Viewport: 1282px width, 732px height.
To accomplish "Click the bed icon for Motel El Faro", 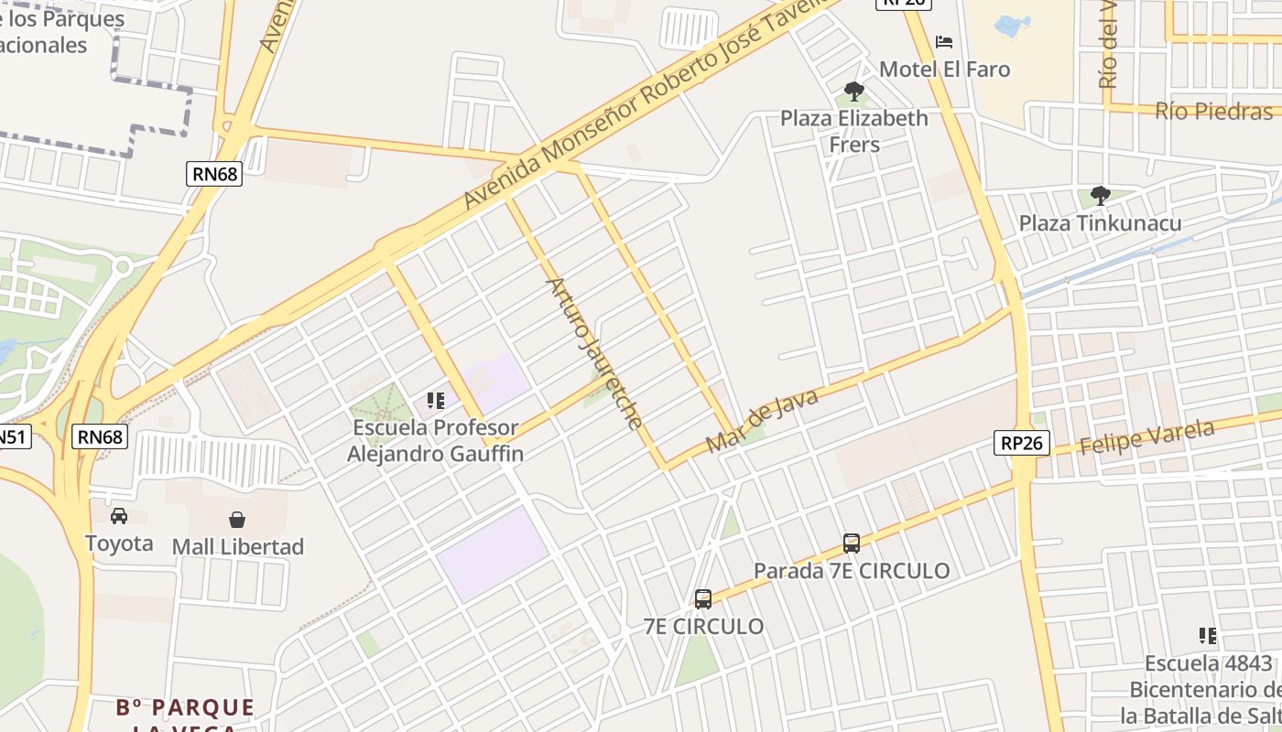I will pyautogui.click(x=944, y=42).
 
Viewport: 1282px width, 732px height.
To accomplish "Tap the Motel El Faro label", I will pyautogui.click(x=944, y=70).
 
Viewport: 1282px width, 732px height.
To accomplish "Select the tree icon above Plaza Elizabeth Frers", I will pyautogui.click(x=854, y=91).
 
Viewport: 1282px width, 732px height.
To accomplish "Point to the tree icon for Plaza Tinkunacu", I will pyautogui.click(x=1100, y=195).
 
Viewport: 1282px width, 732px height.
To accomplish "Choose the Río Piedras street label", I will pyautogui.click(x=1213, y=112).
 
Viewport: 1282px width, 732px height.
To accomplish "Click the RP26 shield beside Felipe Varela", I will pyautogui.click(x=1021, y=443).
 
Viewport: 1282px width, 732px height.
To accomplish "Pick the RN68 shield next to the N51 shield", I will pyautogui.click(x=100, y=437).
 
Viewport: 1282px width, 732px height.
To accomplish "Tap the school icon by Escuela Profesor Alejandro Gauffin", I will pyautogui.click(x=435, y=401).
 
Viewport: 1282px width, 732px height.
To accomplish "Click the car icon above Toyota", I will pyautogui.click(x=119, y=516).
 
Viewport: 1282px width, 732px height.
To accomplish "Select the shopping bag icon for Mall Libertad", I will pyautogui.click(x=237, y=520).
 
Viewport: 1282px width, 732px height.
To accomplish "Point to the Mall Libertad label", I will pyautogui.click(x=237, y=547).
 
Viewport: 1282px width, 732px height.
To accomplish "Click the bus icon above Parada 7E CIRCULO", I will pyautogui.click(x=851, y=544).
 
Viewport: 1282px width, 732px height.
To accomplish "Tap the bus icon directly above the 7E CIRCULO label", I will pyautogui.click(x=703, y=599).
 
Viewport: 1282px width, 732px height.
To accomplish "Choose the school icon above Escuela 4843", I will pyautogui.click(x=1208, y=636).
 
